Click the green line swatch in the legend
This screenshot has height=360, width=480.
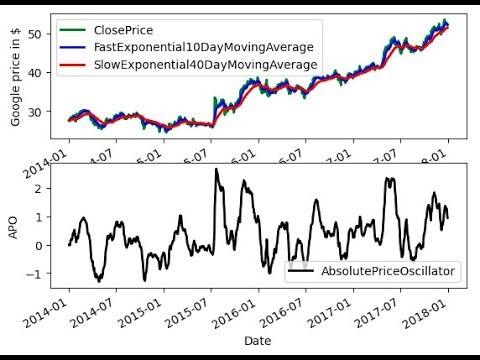[76, 29]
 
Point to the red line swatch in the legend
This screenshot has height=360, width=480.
[76, 65]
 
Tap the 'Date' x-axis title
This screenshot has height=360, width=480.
[258, 341]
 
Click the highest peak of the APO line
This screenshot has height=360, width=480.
[216, 169]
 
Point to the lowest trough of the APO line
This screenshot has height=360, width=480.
[98, 281]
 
